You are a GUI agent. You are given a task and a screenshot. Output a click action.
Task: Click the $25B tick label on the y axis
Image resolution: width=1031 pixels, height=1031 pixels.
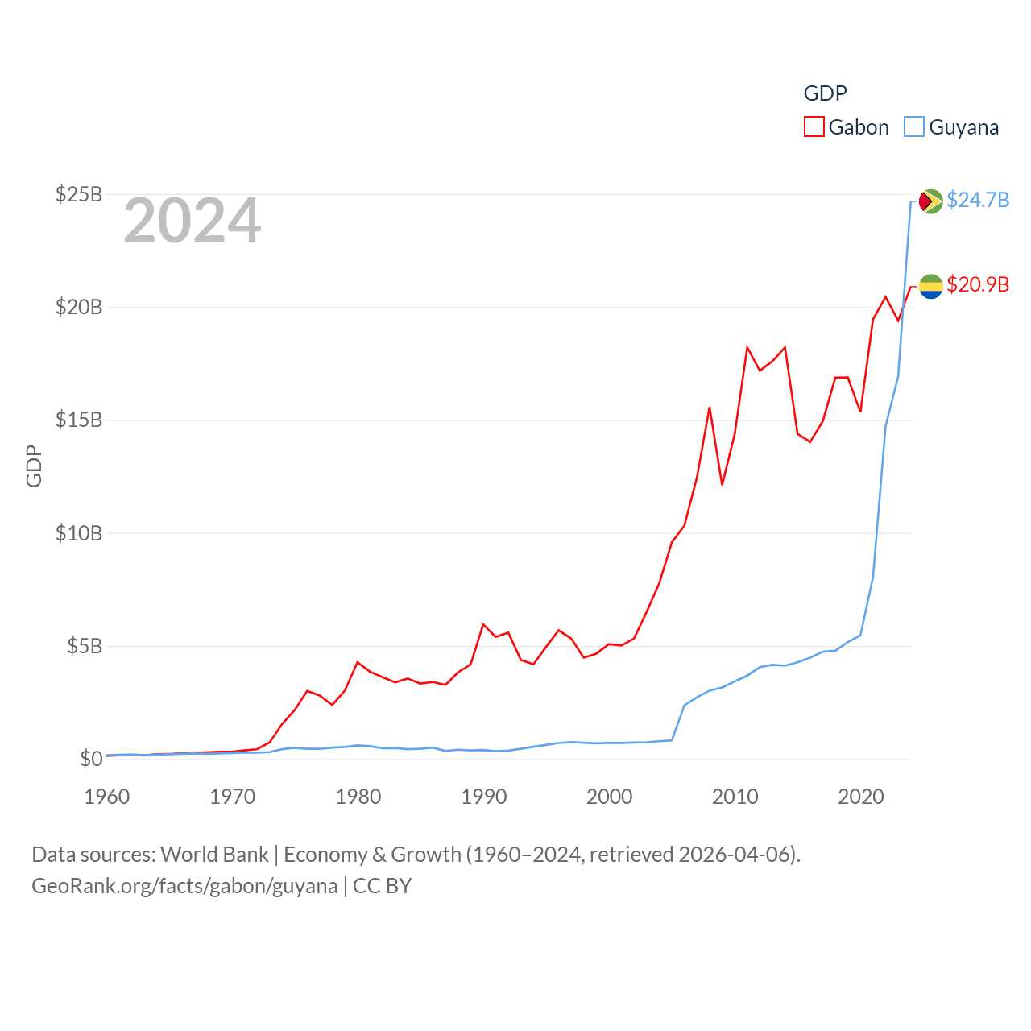pyautogui.click(x=78, y=194)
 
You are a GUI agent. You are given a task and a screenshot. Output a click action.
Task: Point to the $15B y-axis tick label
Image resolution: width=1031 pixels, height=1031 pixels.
pyautogui.click(x=78, y=420)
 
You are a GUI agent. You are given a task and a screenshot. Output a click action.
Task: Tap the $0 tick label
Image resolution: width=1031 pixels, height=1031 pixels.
pyautogui.click(x=91, y=759)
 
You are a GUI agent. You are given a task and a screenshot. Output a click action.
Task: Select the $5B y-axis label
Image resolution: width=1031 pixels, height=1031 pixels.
pyautogui.click(x=85, y=646)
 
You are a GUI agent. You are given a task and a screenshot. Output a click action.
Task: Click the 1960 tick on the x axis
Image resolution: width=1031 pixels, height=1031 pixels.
pyautogui.click(x=107, y=797)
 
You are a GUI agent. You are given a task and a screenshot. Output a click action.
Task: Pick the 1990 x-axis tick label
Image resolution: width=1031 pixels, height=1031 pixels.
pyautogui.click(x=484, y=797)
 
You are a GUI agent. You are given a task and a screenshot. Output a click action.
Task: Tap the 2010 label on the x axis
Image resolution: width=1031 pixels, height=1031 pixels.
pyautogui.click(x=735, y=797)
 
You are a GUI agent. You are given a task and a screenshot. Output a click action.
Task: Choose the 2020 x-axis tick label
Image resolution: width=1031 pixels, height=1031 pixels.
pyautogui.click(x=861, y=797)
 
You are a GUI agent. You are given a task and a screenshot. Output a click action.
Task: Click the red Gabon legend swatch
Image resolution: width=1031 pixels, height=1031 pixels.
pyautogui.click(x=814, y=127)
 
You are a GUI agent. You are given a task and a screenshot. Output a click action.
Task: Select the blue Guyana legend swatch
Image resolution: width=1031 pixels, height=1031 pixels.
pyautogui.click(x=914, y=127)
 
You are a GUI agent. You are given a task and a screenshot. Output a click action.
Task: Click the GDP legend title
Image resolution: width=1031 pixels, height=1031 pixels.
pyautogui.click(x=826, y=93)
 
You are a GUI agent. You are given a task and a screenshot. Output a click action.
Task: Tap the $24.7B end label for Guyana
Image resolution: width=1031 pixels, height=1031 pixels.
pyautogui.click(x=978, y=200)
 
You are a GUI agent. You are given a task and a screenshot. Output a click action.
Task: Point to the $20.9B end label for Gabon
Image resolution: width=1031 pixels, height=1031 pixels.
pyautogui.click(x=978, y=284)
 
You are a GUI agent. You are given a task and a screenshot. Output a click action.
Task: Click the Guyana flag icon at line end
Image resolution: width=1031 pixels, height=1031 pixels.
pyautogui.click(x=931, y=201)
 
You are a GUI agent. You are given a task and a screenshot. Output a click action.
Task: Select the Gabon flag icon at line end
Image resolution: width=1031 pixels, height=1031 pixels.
pyautogui.click(x=931, y=286)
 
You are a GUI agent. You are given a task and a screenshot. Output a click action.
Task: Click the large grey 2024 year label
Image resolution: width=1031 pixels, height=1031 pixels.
pyautogui.click(x=193, y=221)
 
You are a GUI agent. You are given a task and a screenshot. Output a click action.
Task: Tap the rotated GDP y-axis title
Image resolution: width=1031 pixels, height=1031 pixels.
pyautogui.click(x=34, y=466)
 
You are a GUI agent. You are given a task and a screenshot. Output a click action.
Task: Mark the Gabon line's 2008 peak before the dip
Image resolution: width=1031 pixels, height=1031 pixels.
pyautogui.click(x=710, y=408)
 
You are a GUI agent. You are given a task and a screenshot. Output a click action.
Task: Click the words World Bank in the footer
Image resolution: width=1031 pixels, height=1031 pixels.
pyautogui.click(x=214, y=855)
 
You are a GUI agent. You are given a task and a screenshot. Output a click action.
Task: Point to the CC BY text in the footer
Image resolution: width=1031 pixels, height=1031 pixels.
pyautogui.click(x=383, y=886)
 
